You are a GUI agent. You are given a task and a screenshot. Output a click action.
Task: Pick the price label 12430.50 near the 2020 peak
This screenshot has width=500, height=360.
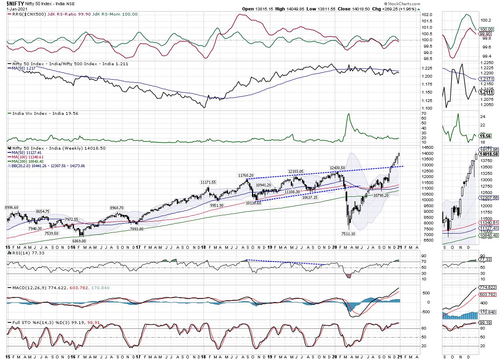click(x=338, y=168)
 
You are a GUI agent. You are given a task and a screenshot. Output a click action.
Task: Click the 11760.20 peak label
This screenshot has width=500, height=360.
click(x=246, y=175)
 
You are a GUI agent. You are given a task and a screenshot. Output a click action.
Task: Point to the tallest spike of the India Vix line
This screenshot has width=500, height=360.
click(x=348, y=114)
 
